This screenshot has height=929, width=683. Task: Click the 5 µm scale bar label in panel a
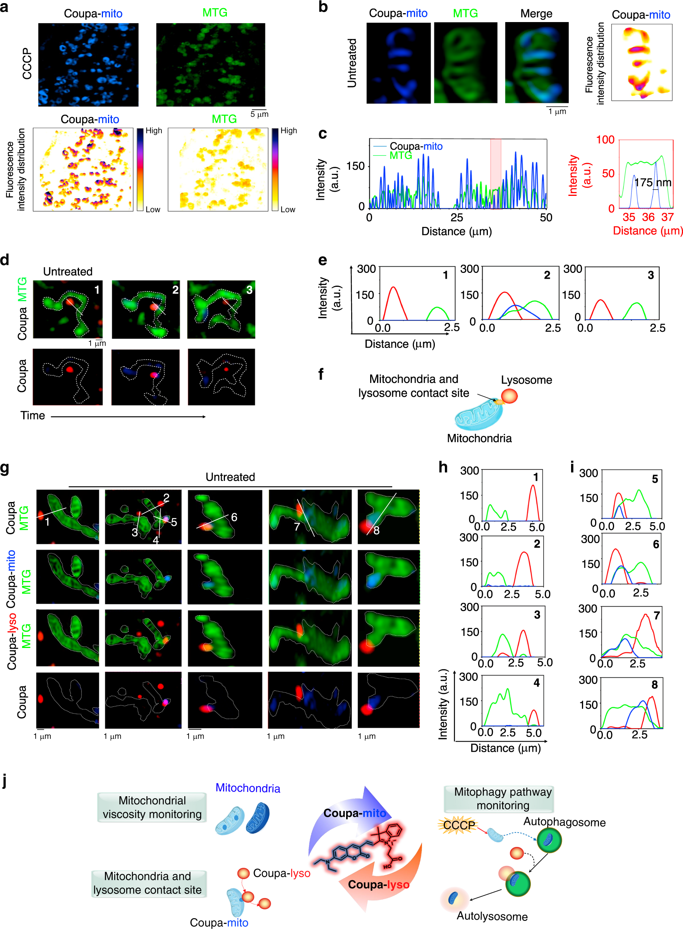[x=259, y=115]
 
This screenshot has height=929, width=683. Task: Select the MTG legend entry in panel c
[x=400, y=155]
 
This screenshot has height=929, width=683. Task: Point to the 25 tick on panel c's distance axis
[x=456, y=218]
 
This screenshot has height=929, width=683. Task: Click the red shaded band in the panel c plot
[x=495, y=173]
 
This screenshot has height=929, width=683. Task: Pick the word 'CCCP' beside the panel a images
[x=27, y=63]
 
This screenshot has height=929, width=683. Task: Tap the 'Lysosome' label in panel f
[x=526, y=380]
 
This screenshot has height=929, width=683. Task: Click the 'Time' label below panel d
[x=33, y=415]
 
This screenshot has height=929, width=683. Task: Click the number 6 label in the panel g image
[x=234, y=517]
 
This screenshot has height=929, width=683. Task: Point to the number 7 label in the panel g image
[x=297, y=526]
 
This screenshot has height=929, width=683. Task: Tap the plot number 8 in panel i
[x=654, y=685]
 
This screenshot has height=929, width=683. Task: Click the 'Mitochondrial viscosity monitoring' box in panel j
[x=152, y=807]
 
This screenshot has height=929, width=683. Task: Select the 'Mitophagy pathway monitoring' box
[x=502, y=799]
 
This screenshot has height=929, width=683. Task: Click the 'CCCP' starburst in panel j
[x=458, y=825]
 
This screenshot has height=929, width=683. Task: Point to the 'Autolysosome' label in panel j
[x=492, y=916]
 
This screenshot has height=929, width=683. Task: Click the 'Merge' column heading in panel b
[x=536, y=14]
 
